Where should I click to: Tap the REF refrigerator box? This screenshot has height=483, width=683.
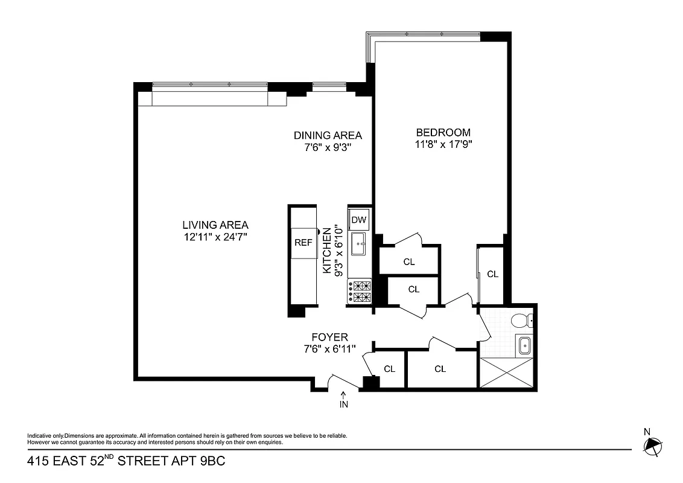[303, 242]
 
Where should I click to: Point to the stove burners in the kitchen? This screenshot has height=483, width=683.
[360, 291]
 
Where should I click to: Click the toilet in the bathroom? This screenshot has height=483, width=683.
[521, 321]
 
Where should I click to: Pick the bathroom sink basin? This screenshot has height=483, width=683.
[524, 346]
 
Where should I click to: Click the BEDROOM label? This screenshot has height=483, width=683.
[443, 133]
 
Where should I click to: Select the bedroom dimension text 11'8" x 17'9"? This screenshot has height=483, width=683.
[443, 144]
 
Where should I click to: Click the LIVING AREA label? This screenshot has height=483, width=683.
[215, 225]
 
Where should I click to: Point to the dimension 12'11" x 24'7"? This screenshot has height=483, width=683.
[215, 237]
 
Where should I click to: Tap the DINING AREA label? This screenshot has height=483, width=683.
[328, 135]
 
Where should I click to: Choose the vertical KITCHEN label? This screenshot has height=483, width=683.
[327, 251]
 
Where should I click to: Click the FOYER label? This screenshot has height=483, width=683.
[329, 337]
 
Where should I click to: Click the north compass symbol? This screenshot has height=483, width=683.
[652, 446]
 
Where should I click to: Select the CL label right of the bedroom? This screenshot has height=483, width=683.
[493, 274]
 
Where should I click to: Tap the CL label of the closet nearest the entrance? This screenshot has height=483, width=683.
[389, 369]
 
